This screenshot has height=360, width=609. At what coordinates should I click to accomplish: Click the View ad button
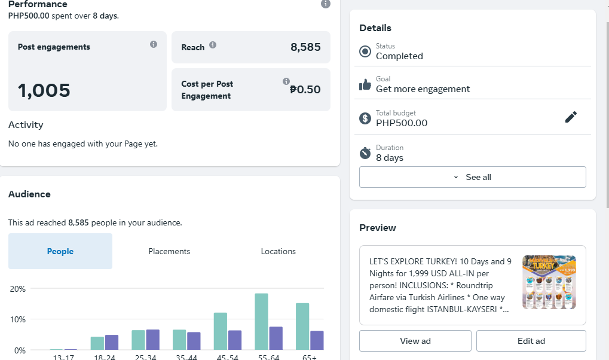[415, 341]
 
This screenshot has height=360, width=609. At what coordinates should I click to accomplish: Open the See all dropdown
[472, 177]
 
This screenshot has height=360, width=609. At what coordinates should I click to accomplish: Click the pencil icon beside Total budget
[571, 117]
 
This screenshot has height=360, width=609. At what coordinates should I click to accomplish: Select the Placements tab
[169, 251]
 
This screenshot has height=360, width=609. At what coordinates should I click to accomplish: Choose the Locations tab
[278, 251]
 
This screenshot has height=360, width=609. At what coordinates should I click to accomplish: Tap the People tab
[60, 251]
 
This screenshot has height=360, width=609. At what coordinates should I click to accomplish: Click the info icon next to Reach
[213, 45]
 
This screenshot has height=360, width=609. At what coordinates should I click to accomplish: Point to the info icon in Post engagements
[154, 44]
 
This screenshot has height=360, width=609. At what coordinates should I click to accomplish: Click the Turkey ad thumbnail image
[549, 282]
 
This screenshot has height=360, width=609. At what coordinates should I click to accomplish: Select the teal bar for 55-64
[261, 322]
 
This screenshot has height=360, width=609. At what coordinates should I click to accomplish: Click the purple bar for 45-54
[235, 340]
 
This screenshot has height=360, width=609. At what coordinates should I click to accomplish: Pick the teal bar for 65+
[302, 327]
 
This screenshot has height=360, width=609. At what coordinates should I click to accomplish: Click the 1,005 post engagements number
[44, 91]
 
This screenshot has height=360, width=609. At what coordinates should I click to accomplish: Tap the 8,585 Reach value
[305, 47]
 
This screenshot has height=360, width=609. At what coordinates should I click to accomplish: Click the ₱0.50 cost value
[305, 90]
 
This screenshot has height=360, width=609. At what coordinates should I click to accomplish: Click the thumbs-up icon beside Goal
[365, 84]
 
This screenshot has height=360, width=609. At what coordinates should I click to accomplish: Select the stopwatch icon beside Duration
[365, 153]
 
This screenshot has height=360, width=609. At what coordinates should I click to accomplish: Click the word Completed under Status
[399, 56]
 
